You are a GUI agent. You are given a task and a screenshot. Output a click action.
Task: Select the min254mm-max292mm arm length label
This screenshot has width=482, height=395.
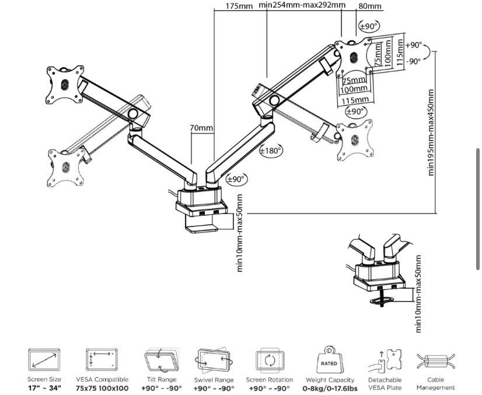(302, 6)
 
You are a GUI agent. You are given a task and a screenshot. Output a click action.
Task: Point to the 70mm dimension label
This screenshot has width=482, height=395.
(201, 128)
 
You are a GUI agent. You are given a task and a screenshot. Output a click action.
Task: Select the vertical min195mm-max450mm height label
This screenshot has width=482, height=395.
(432, 132)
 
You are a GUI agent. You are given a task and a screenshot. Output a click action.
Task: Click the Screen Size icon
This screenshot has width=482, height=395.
(44, 358)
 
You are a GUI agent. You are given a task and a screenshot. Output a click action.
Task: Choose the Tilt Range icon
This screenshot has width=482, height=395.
(158, 358)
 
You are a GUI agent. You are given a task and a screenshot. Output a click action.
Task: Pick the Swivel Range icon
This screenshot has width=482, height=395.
(214, 358)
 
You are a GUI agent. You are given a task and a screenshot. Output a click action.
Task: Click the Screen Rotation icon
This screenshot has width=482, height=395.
(270, 358)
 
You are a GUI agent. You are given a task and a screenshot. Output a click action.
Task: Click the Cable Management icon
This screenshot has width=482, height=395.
(435, 361)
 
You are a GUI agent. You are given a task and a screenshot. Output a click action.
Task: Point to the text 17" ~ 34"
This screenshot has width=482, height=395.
(44, 387)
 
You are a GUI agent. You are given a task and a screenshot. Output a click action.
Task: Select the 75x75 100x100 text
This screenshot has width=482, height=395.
(102, 387)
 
